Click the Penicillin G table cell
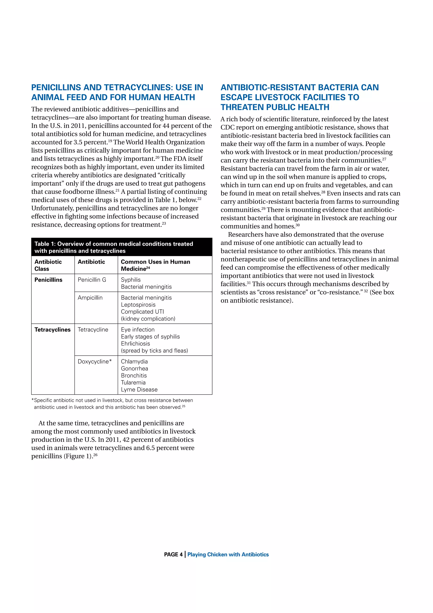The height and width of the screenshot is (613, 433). click(92, 280)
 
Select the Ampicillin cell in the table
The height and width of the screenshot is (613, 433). click(90, 297)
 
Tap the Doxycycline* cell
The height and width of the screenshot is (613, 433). click(94, 361)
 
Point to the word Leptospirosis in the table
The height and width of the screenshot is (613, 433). click(138, 304)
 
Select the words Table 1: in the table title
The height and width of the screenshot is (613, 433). click(45, 244)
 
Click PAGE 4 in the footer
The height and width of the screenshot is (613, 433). click(173, 554)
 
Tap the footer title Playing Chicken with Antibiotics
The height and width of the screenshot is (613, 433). click(228, 554)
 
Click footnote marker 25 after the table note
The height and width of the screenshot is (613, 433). click(184, 406)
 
